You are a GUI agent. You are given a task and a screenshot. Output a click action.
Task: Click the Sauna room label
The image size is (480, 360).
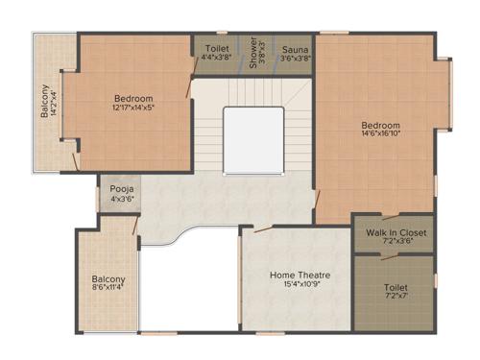[x=294, y=46]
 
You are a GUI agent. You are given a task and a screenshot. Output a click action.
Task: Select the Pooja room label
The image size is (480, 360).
[x=122, y=189]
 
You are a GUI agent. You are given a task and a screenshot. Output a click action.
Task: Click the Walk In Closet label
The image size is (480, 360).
[x=396, y=232]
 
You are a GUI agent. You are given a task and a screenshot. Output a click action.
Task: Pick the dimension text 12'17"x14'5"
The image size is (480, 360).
[x=134, y=108]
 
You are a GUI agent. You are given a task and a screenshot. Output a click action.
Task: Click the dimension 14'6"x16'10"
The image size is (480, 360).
[x=381, y=135]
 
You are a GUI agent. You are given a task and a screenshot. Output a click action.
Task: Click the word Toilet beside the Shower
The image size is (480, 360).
[x=216, y=46]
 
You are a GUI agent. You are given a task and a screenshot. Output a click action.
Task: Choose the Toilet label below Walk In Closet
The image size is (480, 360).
[x=396, y=287]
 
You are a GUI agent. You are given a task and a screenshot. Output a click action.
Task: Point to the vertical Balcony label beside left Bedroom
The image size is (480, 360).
[x=44, y=102]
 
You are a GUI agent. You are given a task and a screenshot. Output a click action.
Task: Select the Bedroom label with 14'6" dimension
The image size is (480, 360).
[x=381, y=125]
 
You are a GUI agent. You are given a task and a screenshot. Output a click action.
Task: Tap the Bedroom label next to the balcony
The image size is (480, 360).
[x=133, y=98]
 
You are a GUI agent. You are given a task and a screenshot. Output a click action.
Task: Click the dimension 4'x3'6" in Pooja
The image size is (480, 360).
[x=122, y=200]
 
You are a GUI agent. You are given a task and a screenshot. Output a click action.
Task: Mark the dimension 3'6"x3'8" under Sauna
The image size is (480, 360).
[x=294, y=57]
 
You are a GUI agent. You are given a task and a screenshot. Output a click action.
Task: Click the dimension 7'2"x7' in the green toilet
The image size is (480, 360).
[x=396, y=298]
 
